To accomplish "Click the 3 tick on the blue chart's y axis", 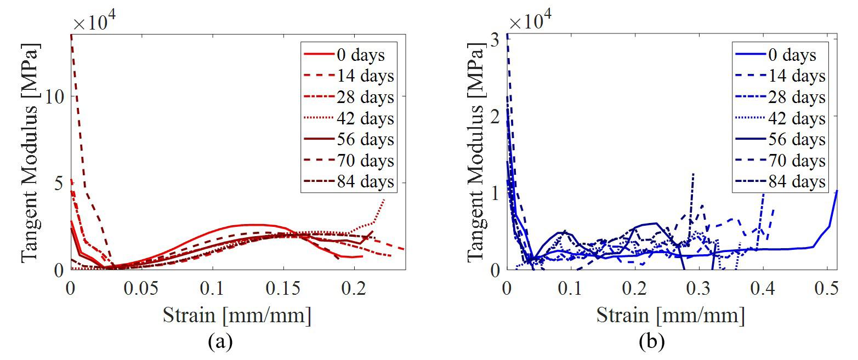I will coord(495,39).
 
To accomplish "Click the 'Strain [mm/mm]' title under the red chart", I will coord(237,316).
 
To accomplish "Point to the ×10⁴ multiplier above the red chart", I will coord(97,22).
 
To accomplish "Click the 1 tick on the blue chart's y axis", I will coord(495,193).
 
